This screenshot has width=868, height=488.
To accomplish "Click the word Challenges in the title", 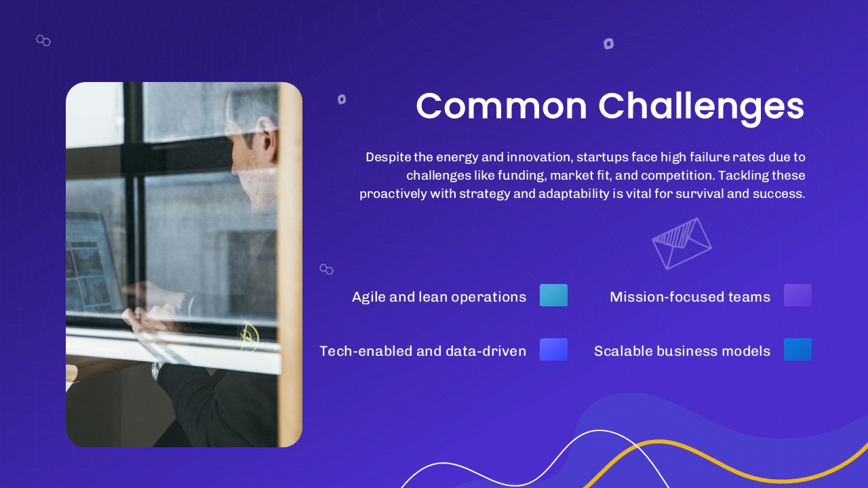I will [701, 107].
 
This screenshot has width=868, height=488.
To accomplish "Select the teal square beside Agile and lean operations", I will [553, 296].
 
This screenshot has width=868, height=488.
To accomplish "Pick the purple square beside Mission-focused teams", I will [797, 296].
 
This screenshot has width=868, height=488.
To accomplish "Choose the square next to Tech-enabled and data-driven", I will [553, 350].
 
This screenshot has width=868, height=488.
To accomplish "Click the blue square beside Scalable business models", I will [797, 350].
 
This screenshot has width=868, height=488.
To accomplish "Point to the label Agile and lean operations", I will [439, 297].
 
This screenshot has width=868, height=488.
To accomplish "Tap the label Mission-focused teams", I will [690, 297].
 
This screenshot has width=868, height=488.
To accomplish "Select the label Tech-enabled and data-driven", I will [422, 351].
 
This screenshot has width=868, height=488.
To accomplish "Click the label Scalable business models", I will [682, 351].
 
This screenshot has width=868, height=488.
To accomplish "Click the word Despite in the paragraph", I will [389, 157].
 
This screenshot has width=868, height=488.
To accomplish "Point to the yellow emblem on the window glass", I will [249, 335].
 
